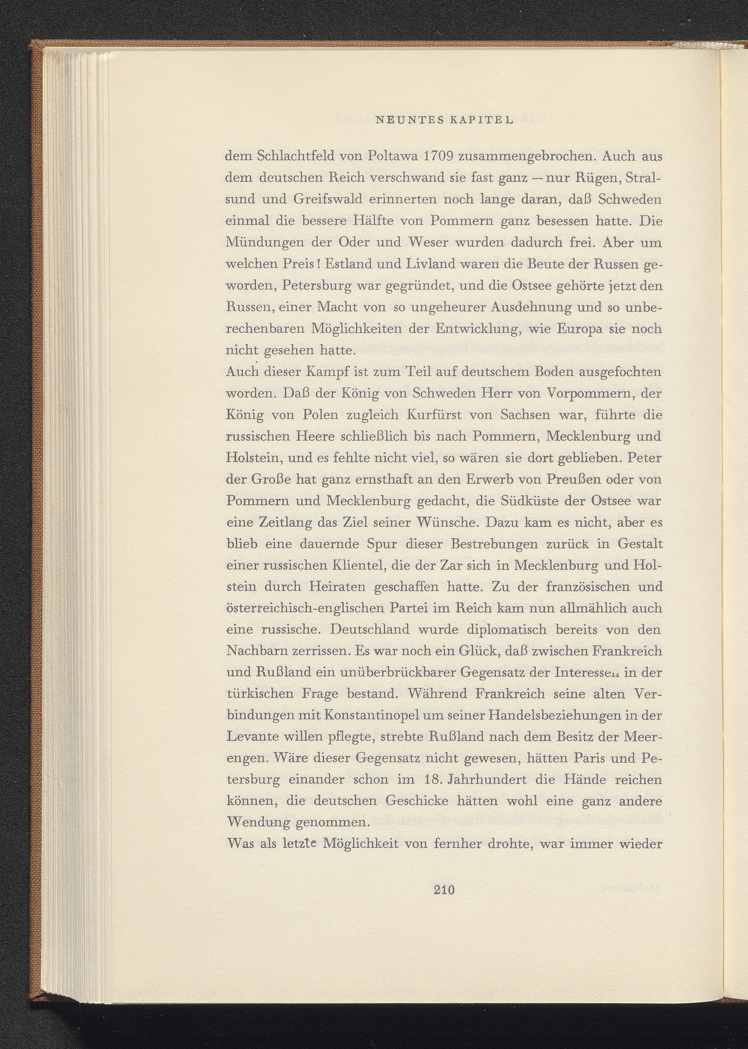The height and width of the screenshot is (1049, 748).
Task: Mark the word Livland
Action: pyautogui.click(x=427, y=264)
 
